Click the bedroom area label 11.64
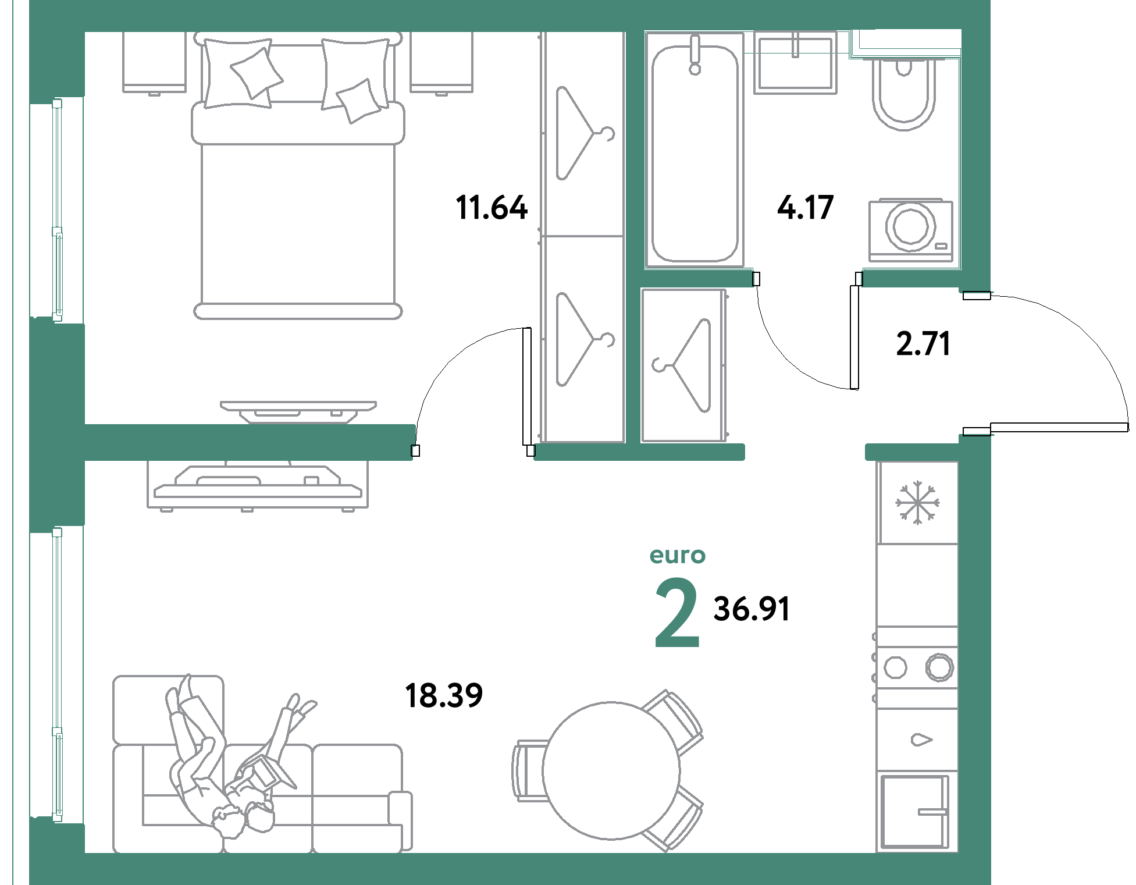tap(492, 208)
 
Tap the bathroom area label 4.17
tap(806, 208)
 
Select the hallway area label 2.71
tap(923, 343)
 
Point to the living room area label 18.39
tap(444, 695)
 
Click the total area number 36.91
tap(752, 609)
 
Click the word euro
tap(678, 556)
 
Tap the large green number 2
tap(677, 613)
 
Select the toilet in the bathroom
tap(903, 93)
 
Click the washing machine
tap(911, 230)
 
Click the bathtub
tap(695, 150)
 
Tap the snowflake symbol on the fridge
tap(917, 502)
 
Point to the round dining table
tap(611, 770)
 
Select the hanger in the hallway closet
tap(682, 365)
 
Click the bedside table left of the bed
tap(154, 62)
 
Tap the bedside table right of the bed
tap(441, 62)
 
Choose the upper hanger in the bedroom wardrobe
tap(585, 133)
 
